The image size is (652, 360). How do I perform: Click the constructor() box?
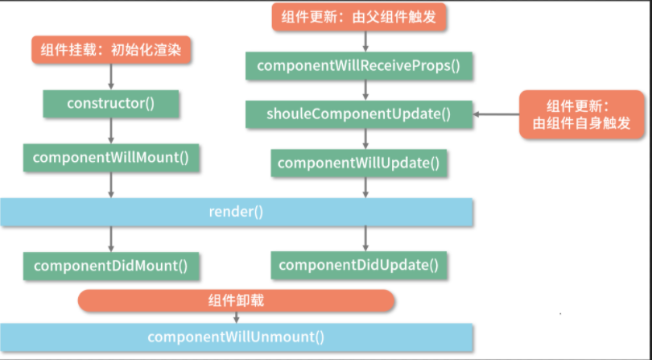coord(111,104)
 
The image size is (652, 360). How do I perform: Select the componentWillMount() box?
coord(111,156)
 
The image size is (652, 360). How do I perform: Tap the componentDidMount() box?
coord(111,265)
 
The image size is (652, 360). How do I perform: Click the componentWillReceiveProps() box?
coord(358,65)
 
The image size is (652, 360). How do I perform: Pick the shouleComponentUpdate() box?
coord(358,114)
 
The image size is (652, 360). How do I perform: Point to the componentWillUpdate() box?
coord(358,163)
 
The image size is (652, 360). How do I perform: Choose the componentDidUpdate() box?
coord(358,265)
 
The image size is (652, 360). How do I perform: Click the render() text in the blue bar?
coord(236,213)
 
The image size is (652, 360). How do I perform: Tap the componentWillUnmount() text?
coord(236,337)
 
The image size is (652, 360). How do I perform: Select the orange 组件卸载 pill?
coord(236,300)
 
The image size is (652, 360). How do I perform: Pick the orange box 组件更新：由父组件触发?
coord(358,18)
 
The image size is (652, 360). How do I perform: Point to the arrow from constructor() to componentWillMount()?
coord(111,131)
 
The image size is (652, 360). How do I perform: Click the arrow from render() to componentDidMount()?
coord(111,238)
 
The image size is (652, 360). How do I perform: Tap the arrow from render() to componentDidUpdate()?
coord(365,238)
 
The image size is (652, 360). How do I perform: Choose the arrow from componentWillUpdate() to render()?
coord(365,188)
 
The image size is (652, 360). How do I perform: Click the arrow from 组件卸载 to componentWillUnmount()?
coord(236,318)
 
